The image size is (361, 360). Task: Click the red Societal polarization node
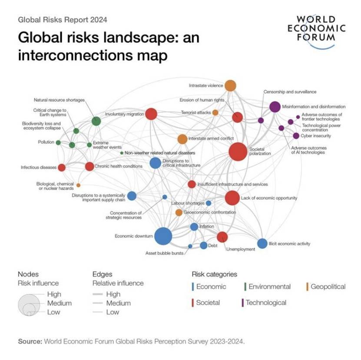coord(238,152)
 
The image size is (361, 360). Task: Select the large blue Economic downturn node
coord(163,236)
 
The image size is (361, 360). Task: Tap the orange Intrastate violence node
coord(230,86)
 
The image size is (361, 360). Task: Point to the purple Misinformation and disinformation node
coord(275,106)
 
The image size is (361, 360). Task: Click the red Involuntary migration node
coord(151,114)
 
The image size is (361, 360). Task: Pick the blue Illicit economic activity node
coord(262,244)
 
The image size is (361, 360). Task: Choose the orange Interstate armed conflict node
coord(182,139)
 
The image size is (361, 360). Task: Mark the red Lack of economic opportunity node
coord(232,198)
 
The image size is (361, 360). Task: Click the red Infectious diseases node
coord(62,168)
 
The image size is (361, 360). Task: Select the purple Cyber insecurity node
coord(296,136)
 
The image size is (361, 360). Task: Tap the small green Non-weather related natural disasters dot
coord(121,153)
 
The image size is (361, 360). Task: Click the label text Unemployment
coord(240,249)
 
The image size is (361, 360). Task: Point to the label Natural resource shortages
coord(59,100)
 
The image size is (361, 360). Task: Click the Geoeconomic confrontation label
coord(210,212)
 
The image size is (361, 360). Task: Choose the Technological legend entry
coord(266,303)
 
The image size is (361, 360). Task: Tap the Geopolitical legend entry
coord(328,287)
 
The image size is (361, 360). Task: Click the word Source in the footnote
coord(30,341)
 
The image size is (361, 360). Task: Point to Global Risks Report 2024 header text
coord(62,20)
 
